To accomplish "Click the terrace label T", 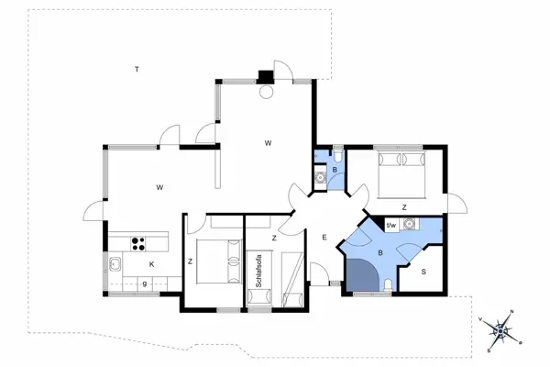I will click(136, 70).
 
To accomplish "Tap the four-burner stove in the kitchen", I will click(139, 243).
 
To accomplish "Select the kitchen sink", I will click(116, 266).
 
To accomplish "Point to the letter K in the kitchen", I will click(151, 265).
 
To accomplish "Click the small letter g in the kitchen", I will click(144, 284).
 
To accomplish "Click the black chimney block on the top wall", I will click(266, 77).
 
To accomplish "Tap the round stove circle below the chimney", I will click(266, 91).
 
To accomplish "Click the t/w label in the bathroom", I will click(390, 225).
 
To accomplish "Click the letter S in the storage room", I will click(423, 272).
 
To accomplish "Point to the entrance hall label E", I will click(324, 239).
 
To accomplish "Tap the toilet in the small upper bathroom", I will click(335, 156).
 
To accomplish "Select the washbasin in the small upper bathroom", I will click(320, 179).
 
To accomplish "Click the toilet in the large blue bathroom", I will click(391, 287).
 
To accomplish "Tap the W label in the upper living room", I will click(269, 142).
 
